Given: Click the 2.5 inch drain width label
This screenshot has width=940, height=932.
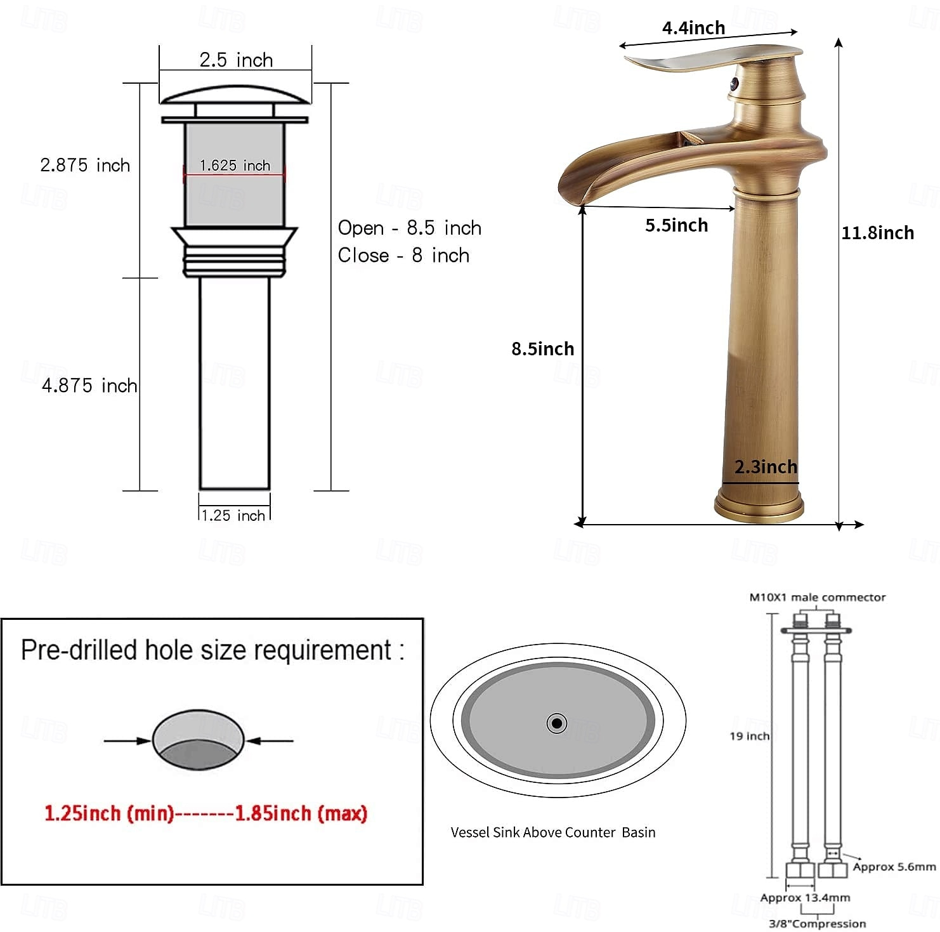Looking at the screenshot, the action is pyautogui.click(x=236, y=60).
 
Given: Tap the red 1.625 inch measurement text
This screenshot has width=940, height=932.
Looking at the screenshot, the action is pyautogui.click(x=235, y=166).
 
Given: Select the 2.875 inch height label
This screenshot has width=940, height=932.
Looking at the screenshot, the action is pyautogui.click(x=85, y=165).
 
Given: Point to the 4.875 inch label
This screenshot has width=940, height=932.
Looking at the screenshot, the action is pyautogui.click(x=89, y=385).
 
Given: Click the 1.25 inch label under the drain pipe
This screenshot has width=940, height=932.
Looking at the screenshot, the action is pyautogui.click(x=233, y=515).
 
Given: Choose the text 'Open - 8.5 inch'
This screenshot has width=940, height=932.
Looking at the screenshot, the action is pyautogui.click(x=410, y=228).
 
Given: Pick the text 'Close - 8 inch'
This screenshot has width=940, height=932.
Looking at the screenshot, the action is pyautogui.click(x=403, y=255).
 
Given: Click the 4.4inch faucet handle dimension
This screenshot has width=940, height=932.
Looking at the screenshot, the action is pyautogui.click(x=694, y=28).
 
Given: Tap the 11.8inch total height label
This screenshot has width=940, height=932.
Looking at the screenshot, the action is pyautogui.click(x=878, y=233).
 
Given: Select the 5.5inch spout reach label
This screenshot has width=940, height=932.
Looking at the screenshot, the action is pyautogui.click(x=677, y=225).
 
